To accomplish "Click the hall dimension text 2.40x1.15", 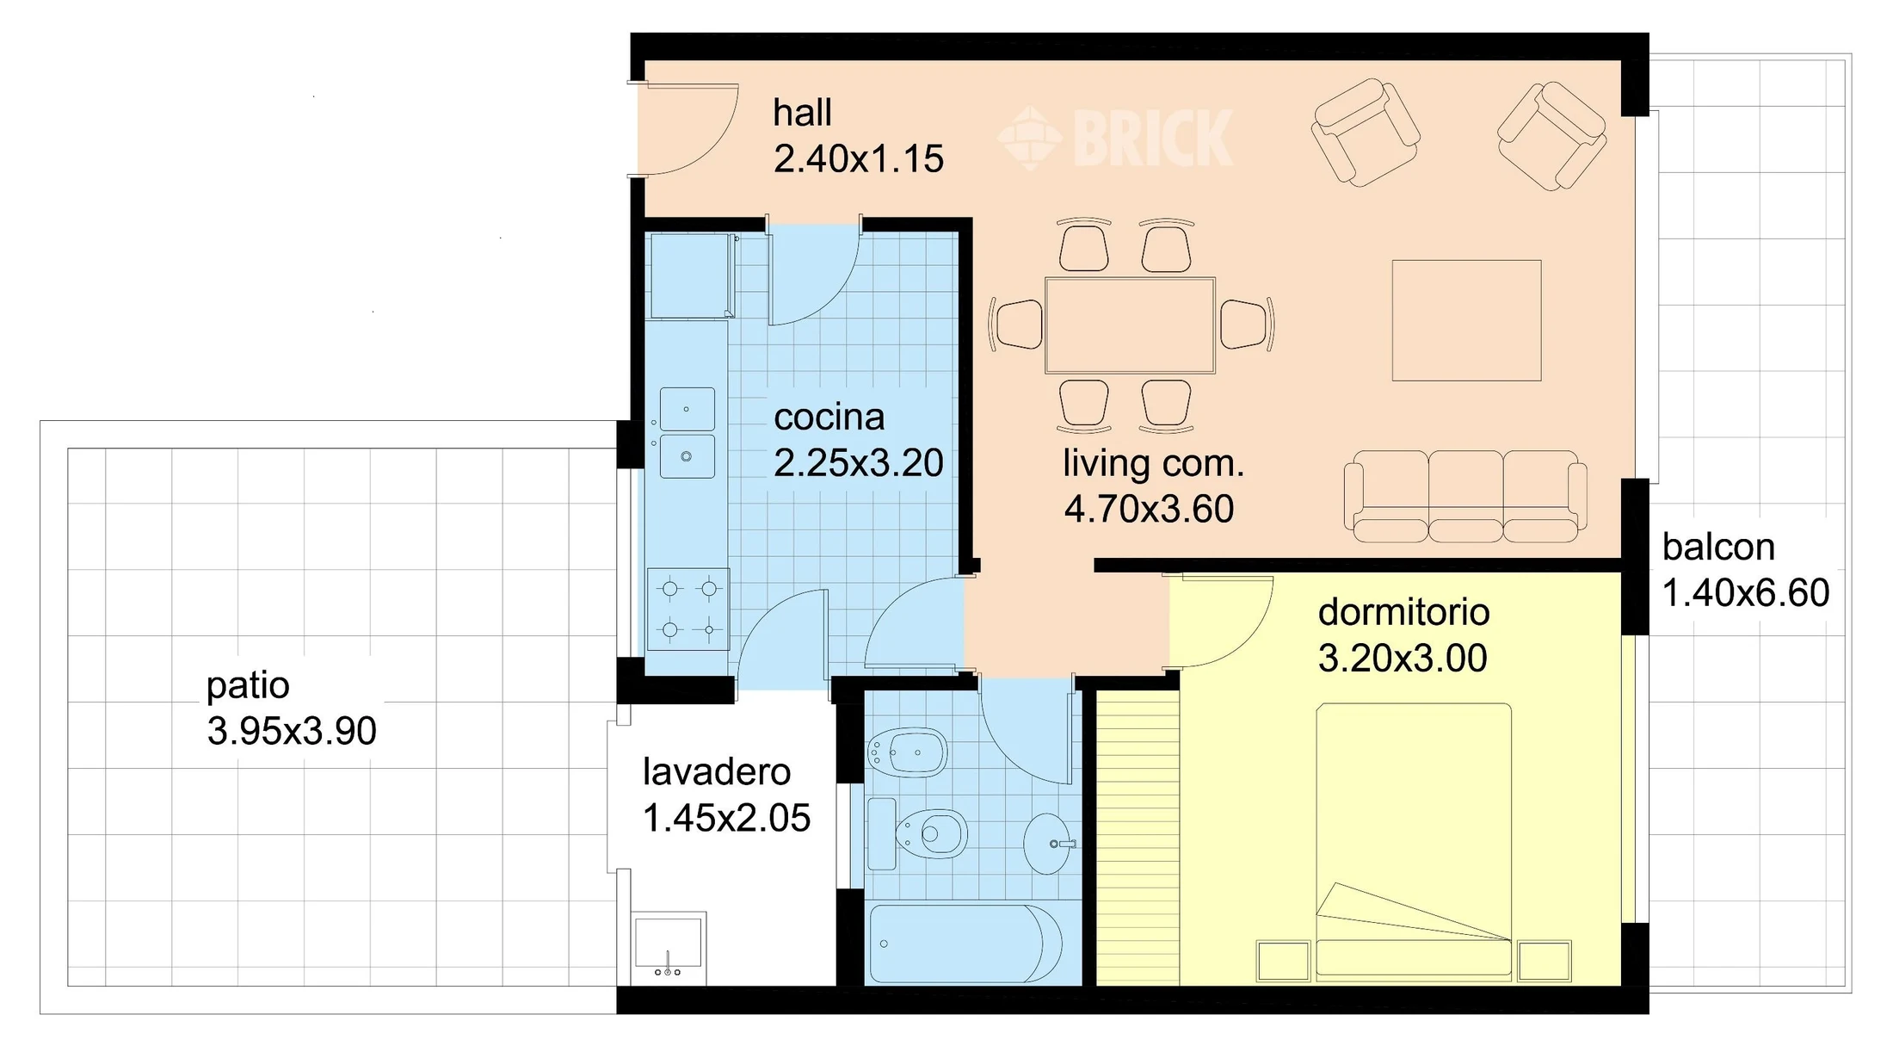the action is pyautogui.click(x=858, y=159).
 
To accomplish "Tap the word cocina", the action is pyautogui.click(x=829, y=418).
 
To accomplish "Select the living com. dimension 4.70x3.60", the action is pyautogui.click(x=1149, y=509).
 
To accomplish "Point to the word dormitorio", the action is pyautogui.click(x=1403, y=612).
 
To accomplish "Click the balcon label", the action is pyautogui.click(x=1718, y=547).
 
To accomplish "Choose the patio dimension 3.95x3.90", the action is pyautogui.click(x=292, y=731).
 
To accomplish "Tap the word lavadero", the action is pyautogui.click(x=717, y=771).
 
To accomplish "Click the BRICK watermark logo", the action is pyautogui.click(x=1116, y=138).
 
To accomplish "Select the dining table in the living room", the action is pyautogui.click(x=1130, y=325).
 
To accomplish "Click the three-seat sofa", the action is pyautogui.click(x=1465, y=497).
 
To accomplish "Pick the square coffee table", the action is pyautogui.click(x=1466, y=320).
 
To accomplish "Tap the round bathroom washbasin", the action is pyautogui.click(x=1049, y=844).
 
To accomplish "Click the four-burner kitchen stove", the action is pyautogui.click(x=688, y=610).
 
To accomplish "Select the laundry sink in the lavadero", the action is pyautogui.click(x=669, y=947).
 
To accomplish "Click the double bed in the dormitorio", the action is pyautogui.click(x=1414, y=840).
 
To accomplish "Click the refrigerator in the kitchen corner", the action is pyautogui.click(x=691, y=276).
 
